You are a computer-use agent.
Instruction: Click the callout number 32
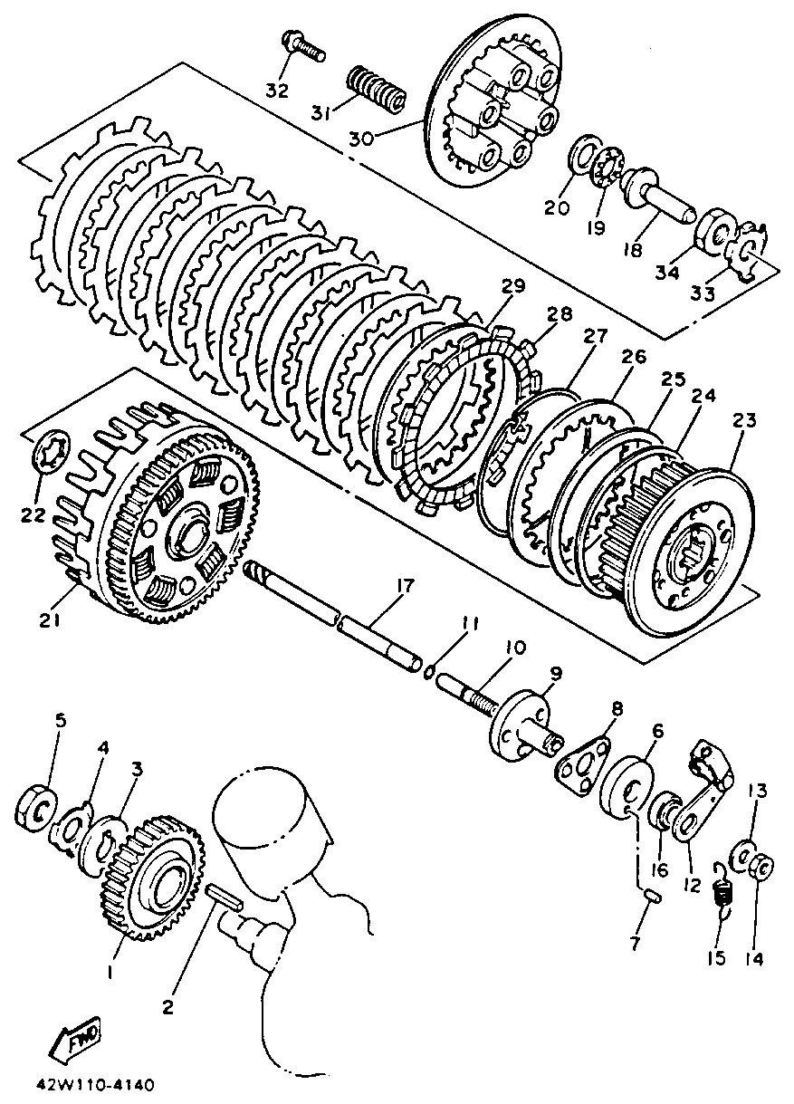(x=277, y=91)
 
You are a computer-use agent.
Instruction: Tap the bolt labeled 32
(x=303, y=46)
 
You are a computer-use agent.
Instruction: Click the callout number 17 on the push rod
(x=403, y=587)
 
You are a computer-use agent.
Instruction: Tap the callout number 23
(x=743, y=421)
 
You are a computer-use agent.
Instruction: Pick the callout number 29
(x=513, y=287)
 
